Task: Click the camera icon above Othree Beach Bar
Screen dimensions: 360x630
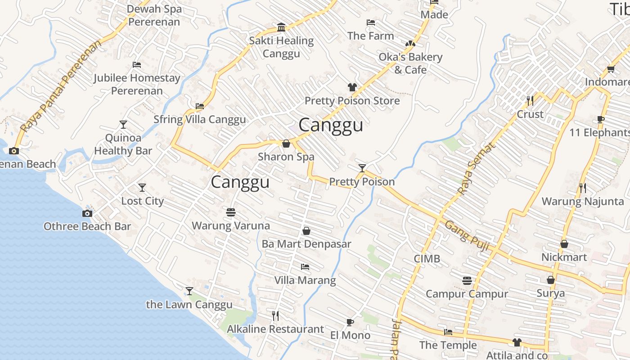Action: [x=87, y=213]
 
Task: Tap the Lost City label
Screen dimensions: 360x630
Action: [x=142, y=201]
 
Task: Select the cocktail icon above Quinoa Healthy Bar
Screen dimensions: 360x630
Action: [x=123, y=124]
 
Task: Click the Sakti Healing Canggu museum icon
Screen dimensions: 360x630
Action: [x=282, y=27]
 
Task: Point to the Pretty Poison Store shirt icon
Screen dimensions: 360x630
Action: [x=352, y=87]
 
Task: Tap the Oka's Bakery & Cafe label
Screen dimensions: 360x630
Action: [x=410, y=63]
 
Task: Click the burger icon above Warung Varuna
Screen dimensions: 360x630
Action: [x=231, y=212]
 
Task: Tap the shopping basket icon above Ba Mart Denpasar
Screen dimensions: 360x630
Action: [x=306, y=231]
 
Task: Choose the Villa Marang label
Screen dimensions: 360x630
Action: [x=305, y=280]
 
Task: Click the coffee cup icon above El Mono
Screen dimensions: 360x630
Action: [x=350, y=322]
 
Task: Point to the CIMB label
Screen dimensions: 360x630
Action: [x=427, y=259]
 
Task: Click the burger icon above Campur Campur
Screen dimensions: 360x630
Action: [x=467, y=281]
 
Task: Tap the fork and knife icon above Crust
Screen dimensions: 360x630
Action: [x=530, y=100]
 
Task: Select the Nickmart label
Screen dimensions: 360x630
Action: [x=564, y=257]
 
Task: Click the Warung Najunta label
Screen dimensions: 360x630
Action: [x=583, y=201]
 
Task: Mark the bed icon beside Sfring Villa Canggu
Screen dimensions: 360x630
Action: [x=200, y=106]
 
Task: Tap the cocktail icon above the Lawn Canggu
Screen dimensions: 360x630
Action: [x=189, y=291]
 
